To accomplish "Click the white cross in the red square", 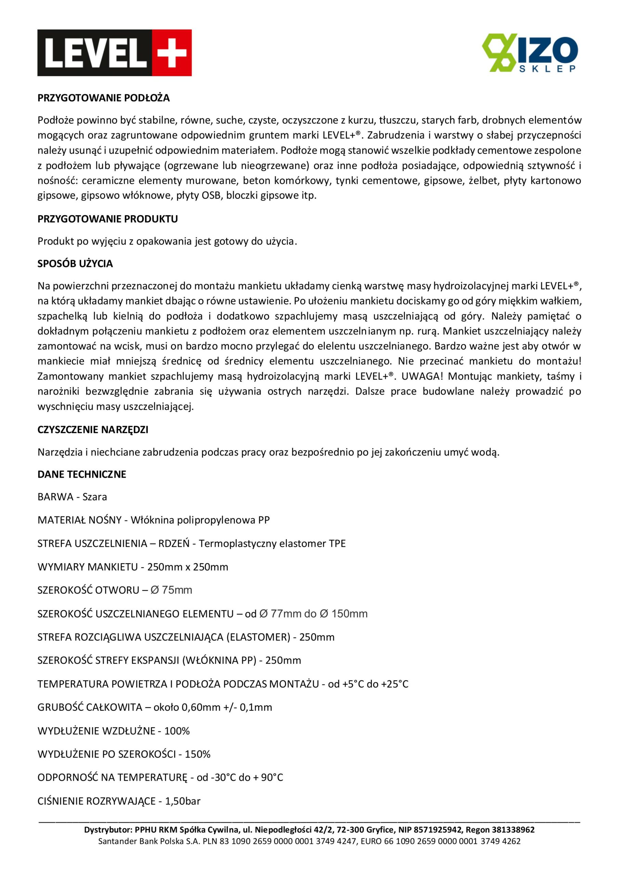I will coord(172,53).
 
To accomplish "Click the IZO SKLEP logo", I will coord(529,53).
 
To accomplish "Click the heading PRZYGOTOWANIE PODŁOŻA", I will coord(103,98).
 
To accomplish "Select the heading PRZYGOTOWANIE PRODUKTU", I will coord(108,219).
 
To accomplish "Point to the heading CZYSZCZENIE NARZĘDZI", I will coord(93,429).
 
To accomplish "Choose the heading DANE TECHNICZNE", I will coord(82,474).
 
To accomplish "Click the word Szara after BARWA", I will coord(95,497).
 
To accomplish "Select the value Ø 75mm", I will coord(171,590).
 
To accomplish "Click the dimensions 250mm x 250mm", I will coord(188,567).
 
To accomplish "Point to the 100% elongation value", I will coord(177,731).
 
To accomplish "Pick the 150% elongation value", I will coord(197,754).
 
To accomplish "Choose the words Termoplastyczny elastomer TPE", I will coord(272,543).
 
